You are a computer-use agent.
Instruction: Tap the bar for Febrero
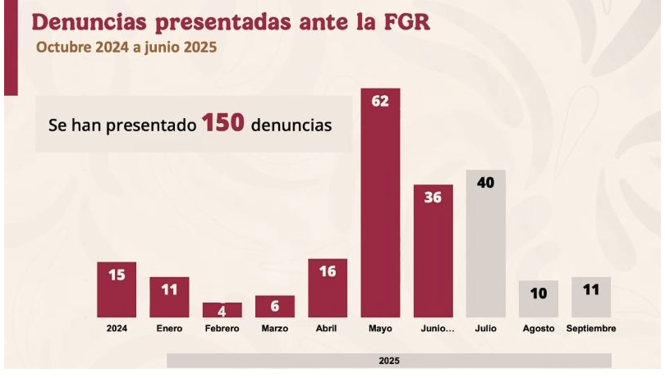[x=222, y=310]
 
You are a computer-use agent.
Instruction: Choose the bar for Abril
[x=328, y=288]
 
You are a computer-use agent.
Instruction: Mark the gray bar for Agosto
[x=539, y=299]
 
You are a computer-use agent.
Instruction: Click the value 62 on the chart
[x=380, y=102]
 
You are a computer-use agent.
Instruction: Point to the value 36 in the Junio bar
[x=433, y=198]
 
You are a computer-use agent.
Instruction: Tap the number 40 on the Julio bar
[x=485, y=183]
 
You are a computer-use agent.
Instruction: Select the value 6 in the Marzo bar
[x=275, y=306]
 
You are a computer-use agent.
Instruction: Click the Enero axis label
[x=169, y=329]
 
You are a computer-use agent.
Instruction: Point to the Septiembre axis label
[x=591, y=329]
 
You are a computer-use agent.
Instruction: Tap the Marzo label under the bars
[x=275, y=329]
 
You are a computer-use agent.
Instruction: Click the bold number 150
[x=223, y=125]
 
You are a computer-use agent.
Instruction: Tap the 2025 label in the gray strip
[x=389, y=360]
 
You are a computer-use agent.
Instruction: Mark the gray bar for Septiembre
[x=591, y=297]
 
